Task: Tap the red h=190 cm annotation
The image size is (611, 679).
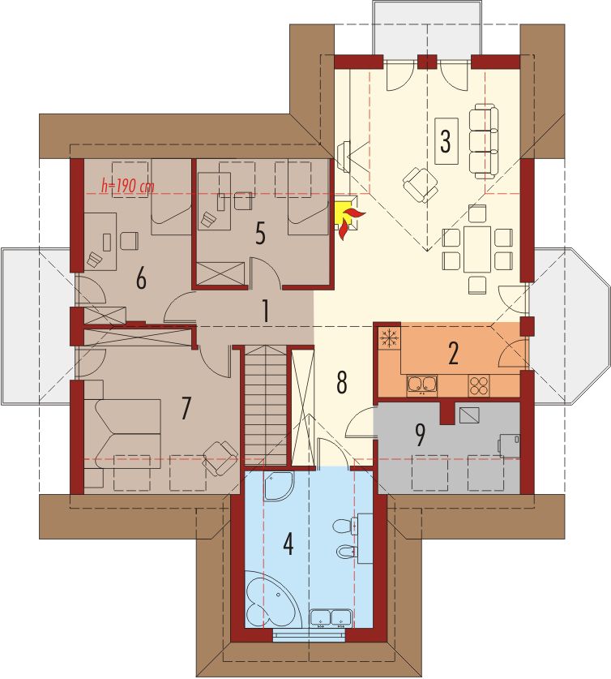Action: [x=127, y=187]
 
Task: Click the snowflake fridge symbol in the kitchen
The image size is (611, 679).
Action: [x=389, y=337]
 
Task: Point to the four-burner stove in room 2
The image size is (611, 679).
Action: [x=479, y=385]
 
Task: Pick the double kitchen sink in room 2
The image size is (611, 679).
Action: [x=421, y=385]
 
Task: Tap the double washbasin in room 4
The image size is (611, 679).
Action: [x=331, y=618]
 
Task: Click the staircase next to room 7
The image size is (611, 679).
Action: [x=266, y=405]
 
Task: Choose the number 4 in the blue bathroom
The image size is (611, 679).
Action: [x=288, y=544]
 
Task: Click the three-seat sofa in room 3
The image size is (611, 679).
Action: [x=483, y=140]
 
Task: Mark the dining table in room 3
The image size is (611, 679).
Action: [x=477, y=249]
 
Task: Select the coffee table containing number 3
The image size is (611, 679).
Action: [x=446, y=140]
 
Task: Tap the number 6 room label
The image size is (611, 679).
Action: [x=141, y=279]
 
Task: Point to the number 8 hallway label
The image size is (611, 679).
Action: [x=342, y=382]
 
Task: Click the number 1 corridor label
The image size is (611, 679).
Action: [x=266, y=311]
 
